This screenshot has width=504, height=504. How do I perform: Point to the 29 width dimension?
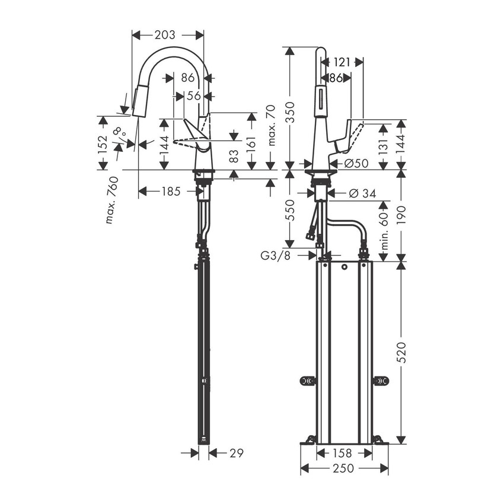[x=235, y=453]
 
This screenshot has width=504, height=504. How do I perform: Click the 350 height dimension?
[x=289, y=110]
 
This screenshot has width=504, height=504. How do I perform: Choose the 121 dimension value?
[x=342, y=61]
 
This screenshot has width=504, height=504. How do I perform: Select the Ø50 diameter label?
[x=356, y=164]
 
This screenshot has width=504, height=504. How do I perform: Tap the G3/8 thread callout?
[x=276, y=256]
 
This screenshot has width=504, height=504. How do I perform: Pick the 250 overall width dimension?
[x=344, y=469]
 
